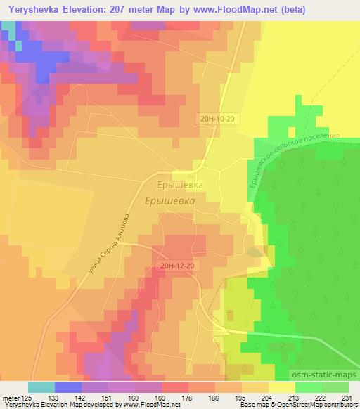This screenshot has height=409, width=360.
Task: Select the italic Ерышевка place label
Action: [x=174, y=200]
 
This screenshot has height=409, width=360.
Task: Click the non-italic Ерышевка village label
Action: [x=180, y=185]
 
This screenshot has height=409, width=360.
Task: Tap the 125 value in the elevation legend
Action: [x=26, y=397]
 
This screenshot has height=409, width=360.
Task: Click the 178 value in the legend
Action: [x=187, y=397]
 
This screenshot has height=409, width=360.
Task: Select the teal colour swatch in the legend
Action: [x=42, y=387]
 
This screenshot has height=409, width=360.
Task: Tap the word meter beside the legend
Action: [x=8, y=397]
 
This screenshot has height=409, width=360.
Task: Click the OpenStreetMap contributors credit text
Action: [x=314, y=405]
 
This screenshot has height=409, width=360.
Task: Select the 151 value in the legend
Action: [x=107, y=397]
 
